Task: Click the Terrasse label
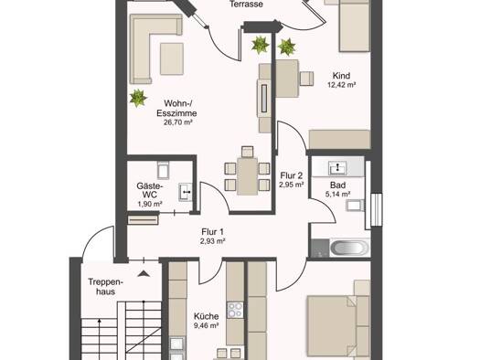coord(246,5)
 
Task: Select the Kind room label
coord(341,76)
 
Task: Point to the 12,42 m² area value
coord(341,85)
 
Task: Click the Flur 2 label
coord(292,175)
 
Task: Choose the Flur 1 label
coord(213,232)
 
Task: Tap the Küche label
coord(206,316)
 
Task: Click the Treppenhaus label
coord(106,286)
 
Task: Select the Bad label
coord(338,185)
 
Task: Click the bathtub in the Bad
coord(348,248)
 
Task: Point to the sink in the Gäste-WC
coord(186,192)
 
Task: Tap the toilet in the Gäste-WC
coord(163,170)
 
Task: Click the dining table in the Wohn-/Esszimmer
coord(247,175)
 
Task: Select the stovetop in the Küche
coord(235,310)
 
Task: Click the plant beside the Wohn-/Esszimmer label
coord(138,98)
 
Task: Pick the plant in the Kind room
coord(287,48)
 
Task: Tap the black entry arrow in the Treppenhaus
coord(144,273)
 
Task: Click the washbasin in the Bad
coord(337,167)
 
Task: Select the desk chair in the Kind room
coord(306,79)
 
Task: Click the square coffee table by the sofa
coord(172,58)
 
